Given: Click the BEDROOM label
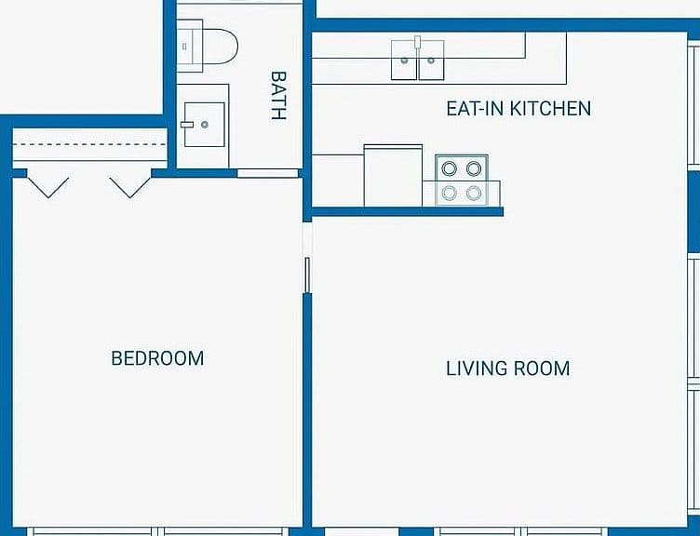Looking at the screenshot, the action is [x=157, y=358].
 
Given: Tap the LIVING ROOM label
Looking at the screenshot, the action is [x=508, y=368].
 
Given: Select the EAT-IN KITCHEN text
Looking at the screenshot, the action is [x=518, y=109].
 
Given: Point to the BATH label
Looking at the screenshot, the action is [x=278, y=96].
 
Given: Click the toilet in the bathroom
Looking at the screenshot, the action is [x=208, y=46].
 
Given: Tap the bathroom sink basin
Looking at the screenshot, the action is [x=205, y=125].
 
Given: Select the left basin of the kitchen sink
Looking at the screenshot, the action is [x=404, y=60].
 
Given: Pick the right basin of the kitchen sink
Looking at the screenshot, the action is [x=431, y=60].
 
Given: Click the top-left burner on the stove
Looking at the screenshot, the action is [x=449, y=168].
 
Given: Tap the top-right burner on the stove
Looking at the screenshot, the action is [x=474, y=168].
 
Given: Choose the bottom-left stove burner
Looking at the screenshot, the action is [x=449, y=194].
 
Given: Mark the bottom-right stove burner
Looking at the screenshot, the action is [x=474, y=194].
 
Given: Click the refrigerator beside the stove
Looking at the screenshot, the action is [x=393, y=175].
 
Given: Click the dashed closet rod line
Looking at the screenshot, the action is [x=89, y=144].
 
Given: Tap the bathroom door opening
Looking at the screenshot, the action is [x=267, y=173].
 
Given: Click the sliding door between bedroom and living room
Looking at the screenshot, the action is [x=307, y=275].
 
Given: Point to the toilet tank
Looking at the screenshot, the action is [x=190, y=46].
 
